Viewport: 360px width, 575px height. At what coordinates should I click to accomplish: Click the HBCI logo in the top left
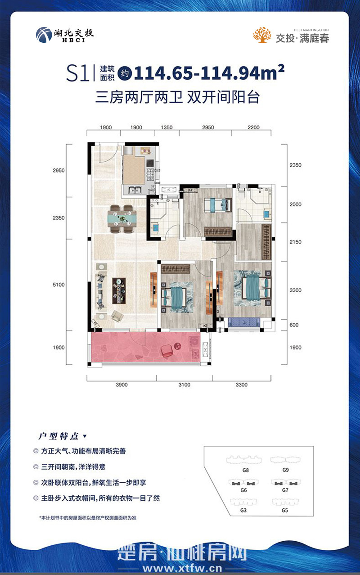click(64, 34)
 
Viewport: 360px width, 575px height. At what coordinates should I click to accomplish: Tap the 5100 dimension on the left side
click(59, 285)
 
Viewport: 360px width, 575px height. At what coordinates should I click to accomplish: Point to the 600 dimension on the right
click(294, 325)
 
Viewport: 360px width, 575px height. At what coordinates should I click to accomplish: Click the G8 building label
click(244, 469)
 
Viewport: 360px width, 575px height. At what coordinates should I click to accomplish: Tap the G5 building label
click(284, 511)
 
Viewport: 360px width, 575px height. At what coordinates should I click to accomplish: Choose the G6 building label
click(243, 490)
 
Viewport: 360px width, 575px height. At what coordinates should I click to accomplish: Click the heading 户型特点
click(58, 436)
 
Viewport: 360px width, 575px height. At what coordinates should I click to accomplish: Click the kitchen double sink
click(134, 190)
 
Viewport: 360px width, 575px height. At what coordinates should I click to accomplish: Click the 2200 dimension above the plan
click(253, 127)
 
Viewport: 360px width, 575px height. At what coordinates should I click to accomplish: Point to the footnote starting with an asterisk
click(88, 518)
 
